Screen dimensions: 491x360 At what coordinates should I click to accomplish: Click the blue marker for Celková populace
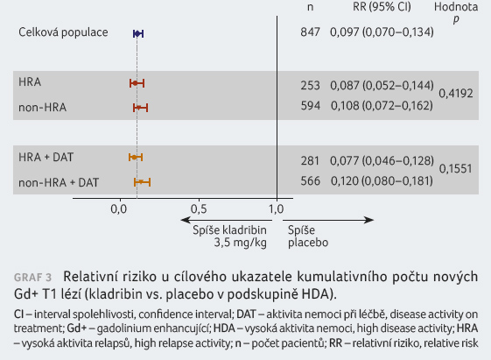point(137,33)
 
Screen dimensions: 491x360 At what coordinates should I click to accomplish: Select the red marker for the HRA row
point(135,83)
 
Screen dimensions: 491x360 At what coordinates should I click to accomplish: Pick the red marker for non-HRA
point(138,108)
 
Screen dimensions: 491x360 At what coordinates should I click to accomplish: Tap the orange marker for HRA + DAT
point(134,158)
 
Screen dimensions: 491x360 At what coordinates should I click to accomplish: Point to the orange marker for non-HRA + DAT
point(141,182)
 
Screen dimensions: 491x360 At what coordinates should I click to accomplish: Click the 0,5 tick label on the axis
point(199,209)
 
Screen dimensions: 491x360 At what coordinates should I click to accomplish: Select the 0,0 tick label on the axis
point(119,209)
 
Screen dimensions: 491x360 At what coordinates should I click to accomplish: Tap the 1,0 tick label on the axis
point(277,209)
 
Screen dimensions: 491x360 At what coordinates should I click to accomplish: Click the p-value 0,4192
point(456,94)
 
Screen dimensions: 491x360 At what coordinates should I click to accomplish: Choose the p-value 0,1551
point(455,169)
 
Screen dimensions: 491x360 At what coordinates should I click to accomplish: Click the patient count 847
point(310,32)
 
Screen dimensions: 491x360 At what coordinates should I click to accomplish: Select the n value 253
point(311,85)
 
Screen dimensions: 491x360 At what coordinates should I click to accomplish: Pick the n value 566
point(311,180)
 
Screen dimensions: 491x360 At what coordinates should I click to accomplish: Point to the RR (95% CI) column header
point(382,7)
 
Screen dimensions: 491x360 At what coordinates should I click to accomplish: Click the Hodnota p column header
point(456,12)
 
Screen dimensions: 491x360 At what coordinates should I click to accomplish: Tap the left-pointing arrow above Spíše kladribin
point(227,220)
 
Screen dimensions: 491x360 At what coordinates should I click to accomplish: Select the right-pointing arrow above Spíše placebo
point(328,220)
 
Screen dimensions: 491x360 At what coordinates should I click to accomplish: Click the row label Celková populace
point(63,32)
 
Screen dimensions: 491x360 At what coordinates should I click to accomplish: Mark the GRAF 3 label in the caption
point(32,278)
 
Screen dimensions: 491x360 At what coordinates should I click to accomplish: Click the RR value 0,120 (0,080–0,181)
point(382,180)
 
